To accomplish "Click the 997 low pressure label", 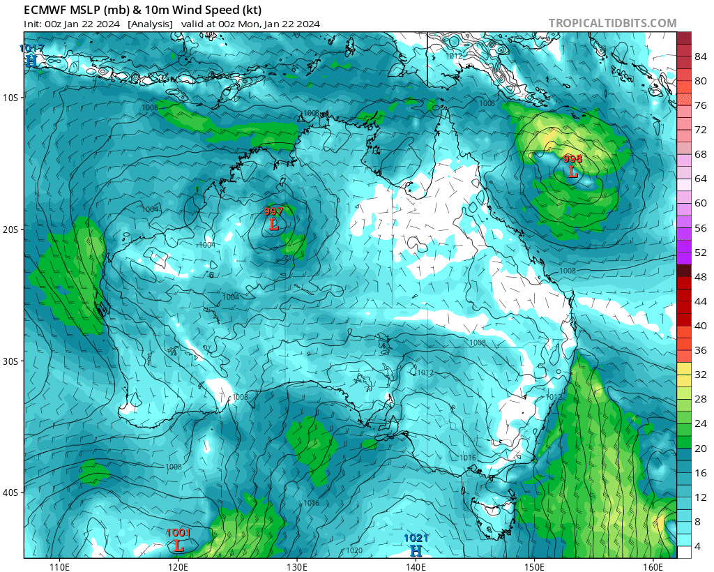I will click(x=273, y=211).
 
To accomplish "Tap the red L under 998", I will click(x=572, y=172).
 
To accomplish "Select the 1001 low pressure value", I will click(x=178, y=533).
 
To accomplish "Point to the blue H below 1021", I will click(x=416, y=550).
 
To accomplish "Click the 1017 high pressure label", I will click(x=31, y=49).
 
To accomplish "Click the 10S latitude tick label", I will click(x=10, y=98).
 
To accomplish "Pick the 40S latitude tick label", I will click(x=10, y=493).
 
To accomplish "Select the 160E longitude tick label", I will click(x=653, y=566).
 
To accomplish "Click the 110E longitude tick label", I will click(x=59, y=566).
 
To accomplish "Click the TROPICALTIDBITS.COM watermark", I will click(x=612, y=23).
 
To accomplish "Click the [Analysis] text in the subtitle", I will click(x=150, y=24).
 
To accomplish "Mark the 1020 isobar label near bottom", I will click(x=354, y=550).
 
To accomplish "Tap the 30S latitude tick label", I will click(x=10, y=361).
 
